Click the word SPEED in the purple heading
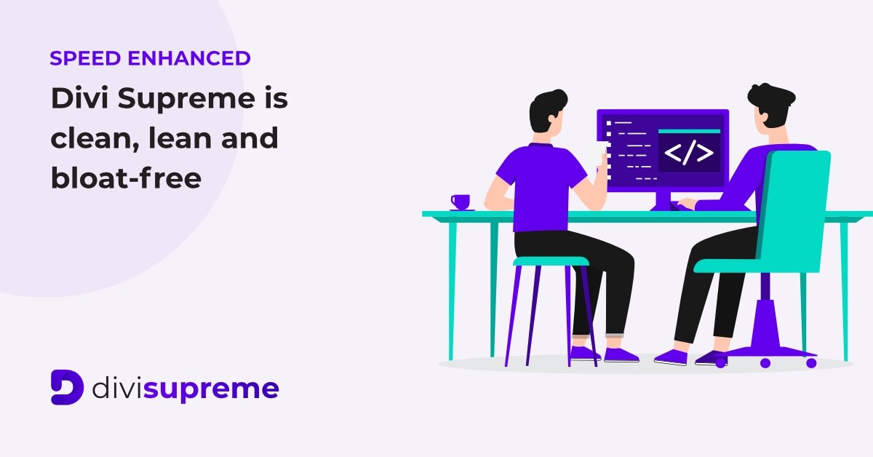[x=85, y=58]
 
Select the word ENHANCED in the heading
[x=189, y=58]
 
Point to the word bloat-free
[x=127, y=178]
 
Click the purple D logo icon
[x=67, y=387]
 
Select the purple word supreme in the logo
[x=211, y=390]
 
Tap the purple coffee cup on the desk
[x=461, y=202]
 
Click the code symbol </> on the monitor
[x=689, y=153]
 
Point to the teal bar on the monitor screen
[x=689, y=131]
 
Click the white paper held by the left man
[x=597, y=155]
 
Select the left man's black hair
[x=546, y=110]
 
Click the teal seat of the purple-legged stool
[x=551, y=261]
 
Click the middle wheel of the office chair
[x=765, y=363]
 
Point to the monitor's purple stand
[x=663, y=200]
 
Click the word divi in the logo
[x=117, y=388]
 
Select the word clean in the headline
[x=95, y=138]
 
